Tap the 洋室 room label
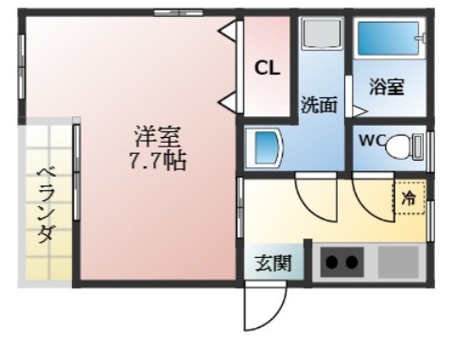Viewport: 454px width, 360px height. pyautogui.click(x=156, y=137)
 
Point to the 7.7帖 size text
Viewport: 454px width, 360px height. pyautogui.click(x=157, y=160)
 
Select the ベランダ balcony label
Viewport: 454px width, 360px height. pyautogui.click(x=44, y=204)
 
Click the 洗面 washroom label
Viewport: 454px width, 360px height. pyautogui.click(x=319, y=105)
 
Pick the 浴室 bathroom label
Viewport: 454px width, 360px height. pyautogui.click(x=388, y=88)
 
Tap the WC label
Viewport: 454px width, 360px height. pyautogui.click(x=370, y=145)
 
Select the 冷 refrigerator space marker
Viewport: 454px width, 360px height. pyautogui.click(x=410, y=198)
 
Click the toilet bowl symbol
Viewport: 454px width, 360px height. pyautogui.click(x=404, y=146)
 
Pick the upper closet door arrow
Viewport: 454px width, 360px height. pyautogui.click(x=229, y=34)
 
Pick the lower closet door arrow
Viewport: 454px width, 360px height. pyautogui.click(x=229, y=101)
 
